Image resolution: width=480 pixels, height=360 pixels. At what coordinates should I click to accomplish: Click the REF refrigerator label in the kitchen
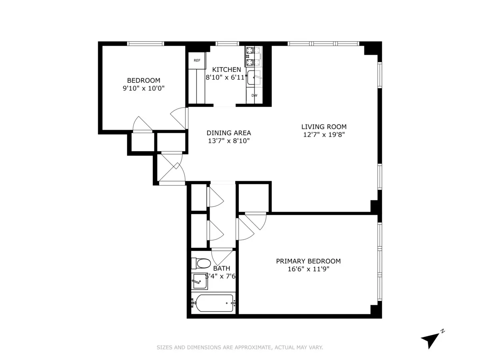(197, 61)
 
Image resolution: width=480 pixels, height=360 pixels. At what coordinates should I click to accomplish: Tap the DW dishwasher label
(254, 96)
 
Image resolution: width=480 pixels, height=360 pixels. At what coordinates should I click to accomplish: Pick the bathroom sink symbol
(200, 281)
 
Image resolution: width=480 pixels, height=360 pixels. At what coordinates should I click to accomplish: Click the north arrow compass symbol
(430, 340)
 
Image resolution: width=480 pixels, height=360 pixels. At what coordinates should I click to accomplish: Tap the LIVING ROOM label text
(324, 127)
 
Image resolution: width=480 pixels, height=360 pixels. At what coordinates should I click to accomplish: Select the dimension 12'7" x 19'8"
(324, 135)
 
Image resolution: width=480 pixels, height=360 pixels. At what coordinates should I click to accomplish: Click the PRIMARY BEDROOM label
(308, 261)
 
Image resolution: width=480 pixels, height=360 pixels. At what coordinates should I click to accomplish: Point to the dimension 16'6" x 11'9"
(308, 269)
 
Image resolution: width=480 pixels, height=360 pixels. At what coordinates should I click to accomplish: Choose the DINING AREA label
(229, 133)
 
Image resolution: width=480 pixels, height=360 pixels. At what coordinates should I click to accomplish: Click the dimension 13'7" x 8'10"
(229, 141)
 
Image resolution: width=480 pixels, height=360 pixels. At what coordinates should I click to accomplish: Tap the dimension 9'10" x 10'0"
(144, 88)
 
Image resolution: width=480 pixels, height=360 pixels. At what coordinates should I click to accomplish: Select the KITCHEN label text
(226, 70)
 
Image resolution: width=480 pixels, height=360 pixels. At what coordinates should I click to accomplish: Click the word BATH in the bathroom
(222, 268)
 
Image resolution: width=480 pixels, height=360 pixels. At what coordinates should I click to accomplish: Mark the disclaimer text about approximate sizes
(240, 348)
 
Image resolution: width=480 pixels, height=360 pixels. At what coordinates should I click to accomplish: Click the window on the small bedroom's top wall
(146, 44)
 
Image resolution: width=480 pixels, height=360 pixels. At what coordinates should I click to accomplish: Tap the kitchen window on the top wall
(227, 44)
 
